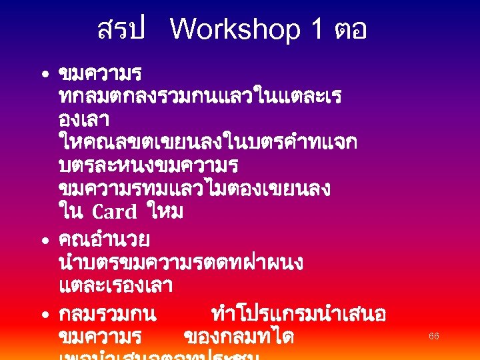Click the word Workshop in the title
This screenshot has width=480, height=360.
tap(235, 30)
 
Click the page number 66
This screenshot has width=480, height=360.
tap(434, 337)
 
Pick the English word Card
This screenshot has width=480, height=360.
tap(114, 213)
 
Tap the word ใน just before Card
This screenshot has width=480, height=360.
tap(71, 212)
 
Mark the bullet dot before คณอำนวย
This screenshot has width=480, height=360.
tap(42, 239)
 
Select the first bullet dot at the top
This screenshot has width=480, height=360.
tap(42, 73)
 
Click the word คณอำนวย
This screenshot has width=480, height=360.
tap(104, 238)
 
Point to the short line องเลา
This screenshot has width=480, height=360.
tap(84, 120)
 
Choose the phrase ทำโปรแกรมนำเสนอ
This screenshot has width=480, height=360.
tap(297, 313)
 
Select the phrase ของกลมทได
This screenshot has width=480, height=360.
tap(238, 337)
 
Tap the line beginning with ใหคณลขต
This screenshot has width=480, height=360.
tap(207, 141)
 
